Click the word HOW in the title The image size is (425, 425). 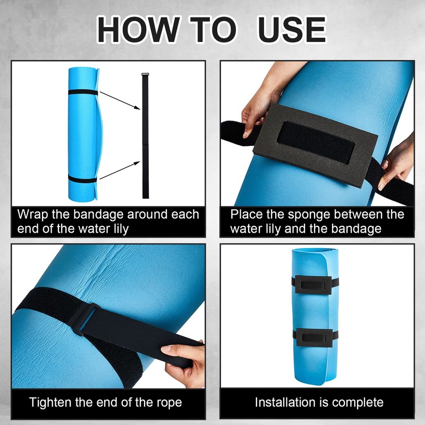point(138,30)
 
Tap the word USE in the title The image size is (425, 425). point(292,30)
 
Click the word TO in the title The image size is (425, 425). point(213,30)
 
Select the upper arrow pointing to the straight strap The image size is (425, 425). point(120,100)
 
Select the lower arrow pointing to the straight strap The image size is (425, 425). point(120,170)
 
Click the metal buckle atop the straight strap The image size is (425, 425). point(145,74)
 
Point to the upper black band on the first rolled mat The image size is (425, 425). point(83,92)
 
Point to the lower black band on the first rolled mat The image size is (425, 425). point(82,179)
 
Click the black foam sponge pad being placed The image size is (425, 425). point(315,145)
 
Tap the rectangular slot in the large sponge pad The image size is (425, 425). point(316,141)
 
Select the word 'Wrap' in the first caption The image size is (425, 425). point(32,215)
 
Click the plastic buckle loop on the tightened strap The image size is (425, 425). point(84,319)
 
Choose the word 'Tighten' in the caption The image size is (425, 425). point(50,403)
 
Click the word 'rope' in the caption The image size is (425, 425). point(169,403)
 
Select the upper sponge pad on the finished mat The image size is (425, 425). point(313,285)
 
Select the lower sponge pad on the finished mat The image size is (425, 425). point(314,337)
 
